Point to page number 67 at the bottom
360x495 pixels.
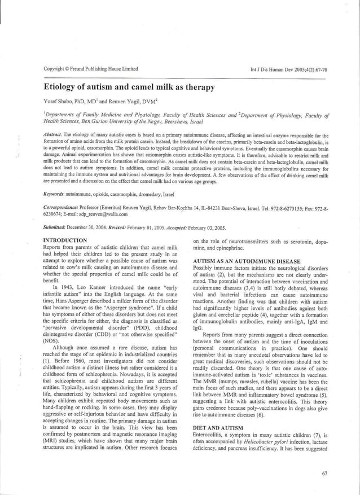324,474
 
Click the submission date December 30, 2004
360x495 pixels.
96,228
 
